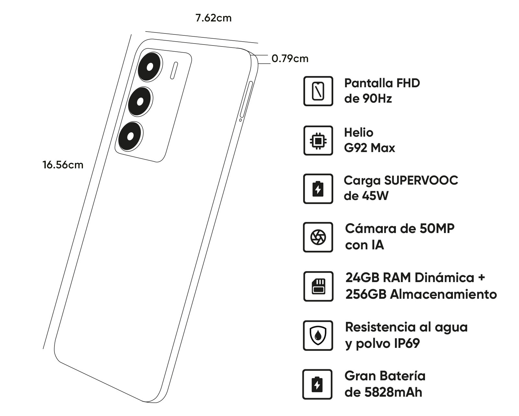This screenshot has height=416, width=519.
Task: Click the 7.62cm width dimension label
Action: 213,18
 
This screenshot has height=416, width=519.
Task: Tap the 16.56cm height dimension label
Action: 63,165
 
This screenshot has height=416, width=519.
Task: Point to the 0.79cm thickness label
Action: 290,58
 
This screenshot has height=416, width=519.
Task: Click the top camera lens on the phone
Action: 150,67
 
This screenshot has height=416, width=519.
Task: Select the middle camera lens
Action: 140,102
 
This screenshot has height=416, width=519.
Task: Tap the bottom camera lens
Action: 130,136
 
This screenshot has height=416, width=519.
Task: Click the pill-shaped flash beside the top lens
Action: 174,70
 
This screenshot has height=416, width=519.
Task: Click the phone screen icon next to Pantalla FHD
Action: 318,91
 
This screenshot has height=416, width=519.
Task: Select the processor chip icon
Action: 318,140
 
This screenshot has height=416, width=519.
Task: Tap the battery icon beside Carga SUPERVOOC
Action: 318,189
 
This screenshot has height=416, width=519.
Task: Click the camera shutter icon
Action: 318,237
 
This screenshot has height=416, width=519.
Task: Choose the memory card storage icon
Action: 318,286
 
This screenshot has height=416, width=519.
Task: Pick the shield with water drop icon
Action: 318,335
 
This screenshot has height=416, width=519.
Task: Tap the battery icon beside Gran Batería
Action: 317,384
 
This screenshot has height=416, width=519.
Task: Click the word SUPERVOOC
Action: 421,180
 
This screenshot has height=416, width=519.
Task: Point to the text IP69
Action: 407,343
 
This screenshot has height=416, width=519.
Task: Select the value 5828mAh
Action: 393,392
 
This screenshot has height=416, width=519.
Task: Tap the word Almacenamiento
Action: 443,294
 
